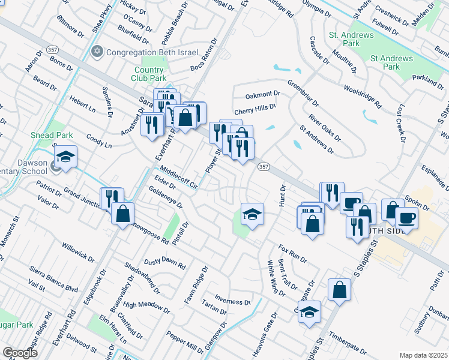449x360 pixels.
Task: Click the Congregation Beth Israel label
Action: pyautogui.click(x=152, y=52)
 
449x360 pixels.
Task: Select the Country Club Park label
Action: pyautogui.click(x=149, y=74)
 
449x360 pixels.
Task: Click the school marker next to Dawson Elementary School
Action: pyautogui.click(x=65, y=158)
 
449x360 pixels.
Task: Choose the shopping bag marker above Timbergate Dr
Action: pyautogui.click(x=339, y=290)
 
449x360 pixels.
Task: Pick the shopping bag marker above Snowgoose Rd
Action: pyautogui.click(x=122, y=214)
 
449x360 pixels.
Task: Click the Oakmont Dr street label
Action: pyautogui.click(x=263, y=95)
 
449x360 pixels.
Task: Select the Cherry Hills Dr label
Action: pyautogui.click(x=255, y=109)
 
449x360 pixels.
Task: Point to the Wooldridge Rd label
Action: pyautogui.click(x=363, y=95)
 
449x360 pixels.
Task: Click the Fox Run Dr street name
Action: pyautogui.click(x=292, y=253)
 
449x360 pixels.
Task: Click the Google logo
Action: pyautogui.click(x=20, y=353)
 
